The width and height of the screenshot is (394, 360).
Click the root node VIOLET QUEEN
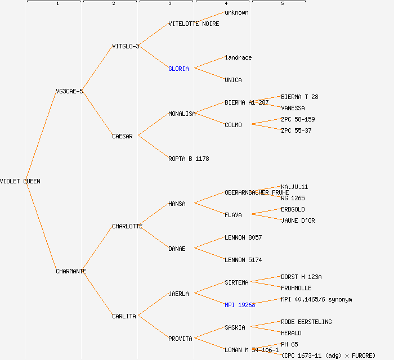[20, 181]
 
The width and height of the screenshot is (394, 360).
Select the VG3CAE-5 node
[69, 91]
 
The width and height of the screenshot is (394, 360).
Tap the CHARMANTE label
[71, 271]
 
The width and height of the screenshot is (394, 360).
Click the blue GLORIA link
[178, 69]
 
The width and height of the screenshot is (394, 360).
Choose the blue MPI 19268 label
[240, 305]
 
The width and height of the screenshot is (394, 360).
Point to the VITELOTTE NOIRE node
[194, 24]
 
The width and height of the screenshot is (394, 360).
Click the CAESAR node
[122, 136]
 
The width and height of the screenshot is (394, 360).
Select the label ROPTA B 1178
[189, 159]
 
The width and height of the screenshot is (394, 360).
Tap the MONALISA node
[182, 114]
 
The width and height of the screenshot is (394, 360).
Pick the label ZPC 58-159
[298, 119]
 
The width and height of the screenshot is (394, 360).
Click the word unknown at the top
[236, 12]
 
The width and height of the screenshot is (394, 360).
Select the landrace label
[238, 57]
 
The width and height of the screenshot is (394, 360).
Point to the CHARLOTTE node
[127, 226]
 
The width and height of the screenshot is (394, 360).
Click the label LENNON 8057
[243, 237]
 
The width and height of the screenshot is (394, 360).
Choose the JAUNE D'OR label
[298, 220]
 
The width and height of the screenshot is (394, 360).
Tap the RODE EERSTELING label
[306, 322]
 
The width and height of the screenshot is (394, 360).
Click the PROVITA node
[180, 339]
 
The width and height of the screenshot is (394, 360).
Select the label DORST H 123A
[301, 277]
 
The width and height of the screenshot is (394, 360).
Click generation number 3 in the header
[169, 4]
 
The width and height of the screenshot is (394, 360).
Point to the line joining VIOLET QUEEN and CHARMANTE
[41, 226]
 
